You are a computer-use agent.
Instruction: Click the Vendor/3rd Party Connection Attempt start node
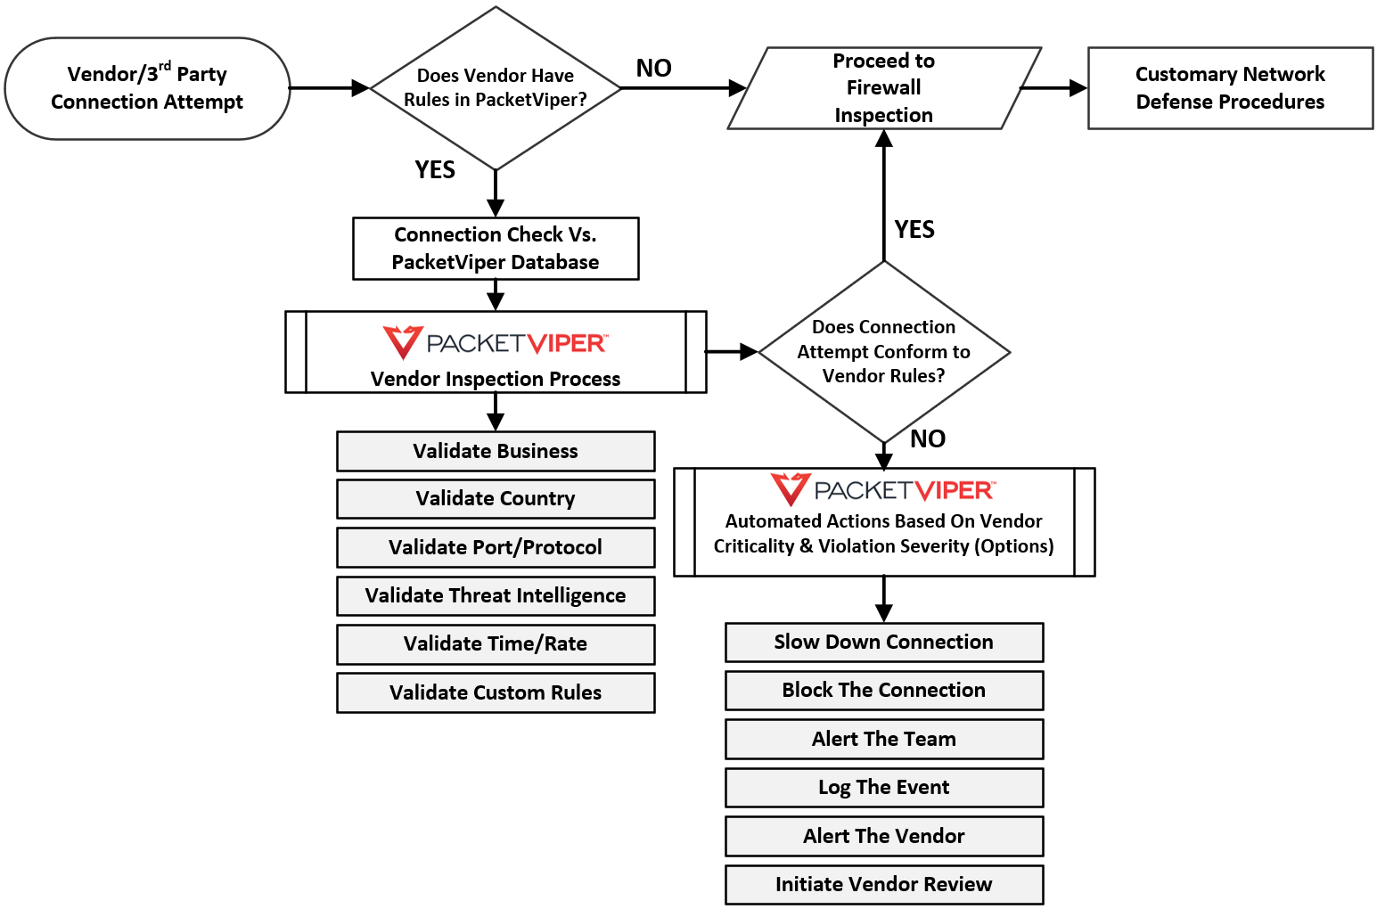pyautogui.click(x=147, y=88)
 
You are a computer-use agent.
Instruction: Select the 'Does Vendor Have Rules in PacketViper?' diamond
pyautogui.click(x=496, y=88)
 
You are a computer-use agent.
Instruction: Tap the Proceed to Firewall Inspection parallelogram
pyautogui.click(x=883, y=88)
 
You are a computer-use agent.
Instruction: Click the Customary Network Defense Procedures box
pyautogui.click(x=1230, y=88)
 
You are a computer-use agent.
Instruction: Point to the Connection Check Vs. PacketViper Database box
pyautogui.click(x=496, y=249)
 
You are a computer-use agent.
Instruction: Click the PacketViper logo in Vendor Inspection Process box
pyautogui.click(x=496, y=343)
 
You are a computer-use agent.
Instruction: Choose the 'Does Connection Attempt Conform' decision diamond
pyautogui.click(x=883, y=352)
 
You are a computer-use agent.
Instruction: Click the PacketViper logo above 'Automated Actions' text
pyautogui.click(x=883, y=490)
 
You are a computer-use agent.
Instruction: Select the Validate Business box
pyautogui.click(x=496, y=451)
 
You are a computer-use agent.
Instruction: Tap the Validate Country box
pyautogui.click(x=496, y=499)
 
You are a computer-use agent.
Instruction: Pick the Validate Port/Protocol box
pyautogui.click(x=496, y=547)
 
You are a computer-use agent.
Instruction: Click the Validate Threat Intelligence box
pyautogui.click(x=496, y=595)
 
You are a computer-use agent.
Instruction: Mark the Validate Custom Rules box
pyautogui.click(x=496, y=692)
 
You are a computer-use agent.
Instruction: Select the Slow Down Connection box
pyautogui.click(x=883, y=643)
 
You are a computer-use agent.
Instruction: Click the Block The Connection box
pyautogui.click(x=883, y=691)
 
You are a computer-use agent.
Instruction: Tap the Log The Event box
pyautogui.click(x=883, y=788)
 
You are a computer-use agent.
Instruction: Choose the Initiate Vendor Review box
pyautogui.click(x=883, y=884)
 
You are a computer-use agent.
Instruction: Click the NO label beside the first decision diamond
pyautogui.click(x=653, y=69)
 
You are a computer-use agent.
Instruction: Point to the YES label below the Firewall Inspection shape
pyautogui.click(x=914, y=230)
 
